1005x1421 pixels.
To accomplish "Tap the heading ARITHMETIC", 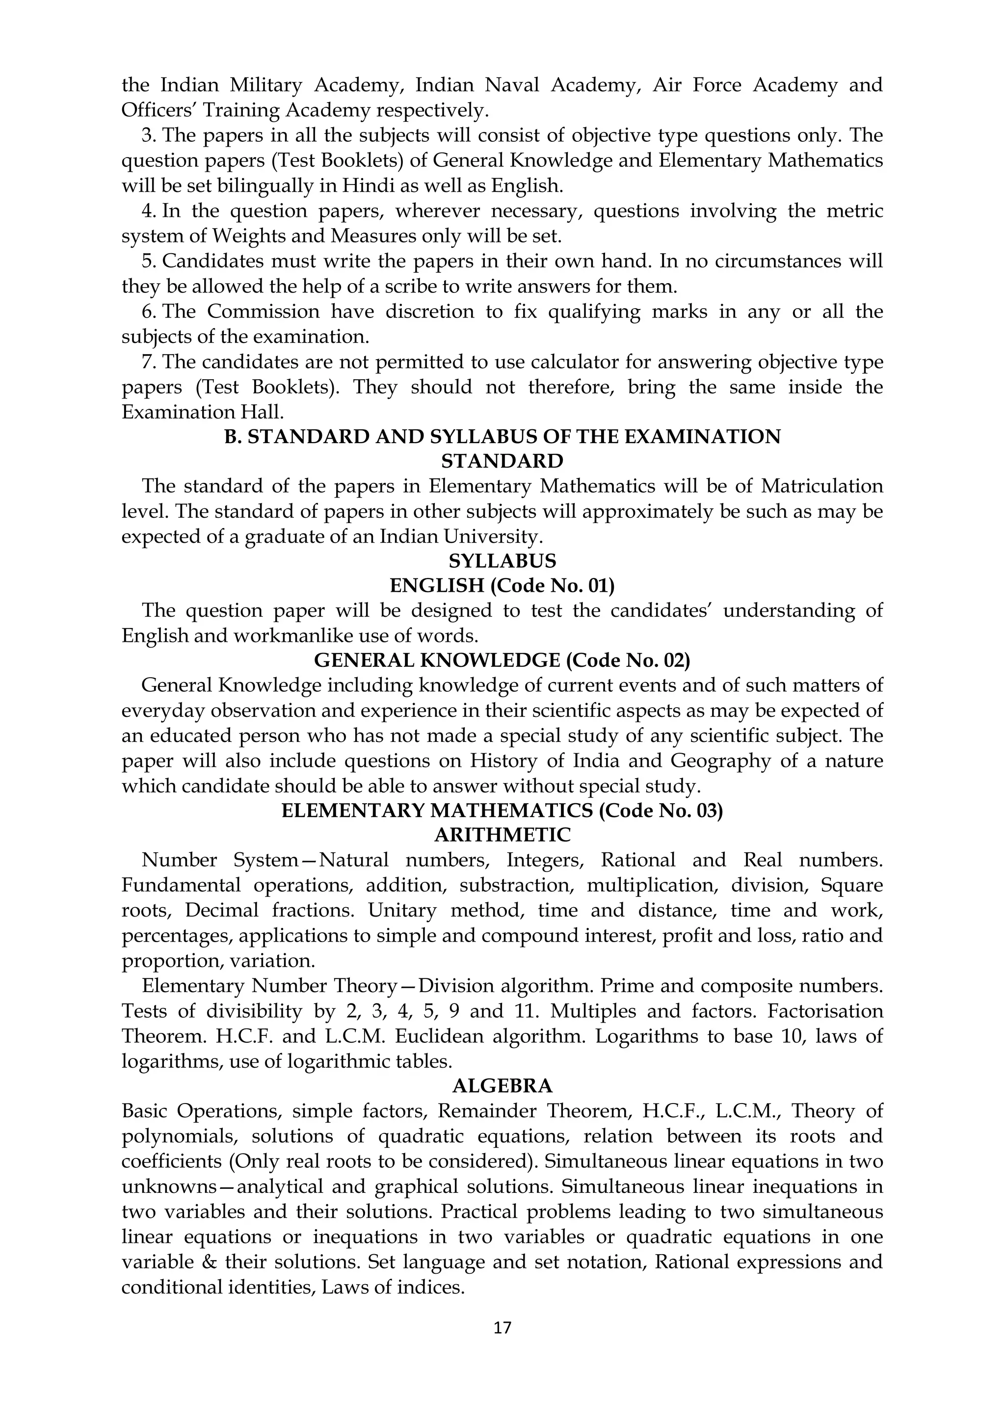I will [502, 835].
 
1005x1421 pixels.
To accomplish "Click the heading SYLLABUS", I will [502, 561].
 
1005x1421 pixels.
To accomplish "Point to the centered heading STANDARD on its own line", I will [502, 461].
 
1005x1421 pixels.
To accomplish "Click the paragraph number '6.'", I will [150, 311].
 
